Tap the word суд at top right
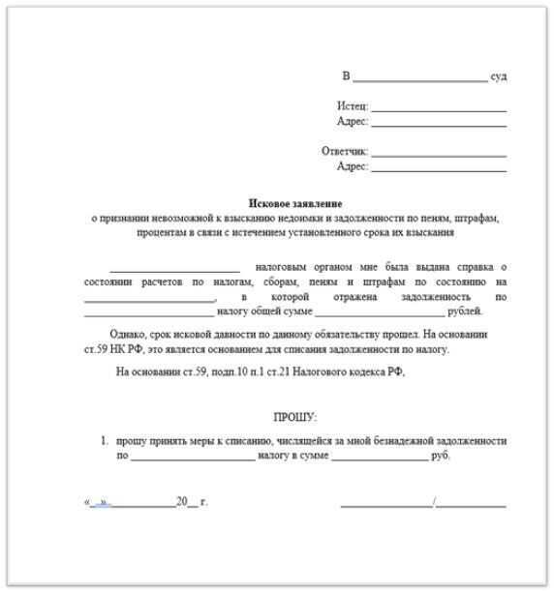click(x=499, y=75)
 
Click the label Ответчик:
click(x=345, y=152)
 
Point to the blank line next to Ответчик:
click(x=439, y=154)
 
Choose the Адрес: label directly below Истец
click(x=352, y=122)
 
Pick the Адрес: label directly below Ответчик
click(x=352, y=167)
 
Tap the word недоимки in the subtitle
click(x=266, y=219)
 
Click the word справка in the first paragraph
click(x=474, y=266)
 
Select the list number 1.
click(x=105, y=440)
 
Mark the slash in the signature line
click(x=435, y=503)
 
